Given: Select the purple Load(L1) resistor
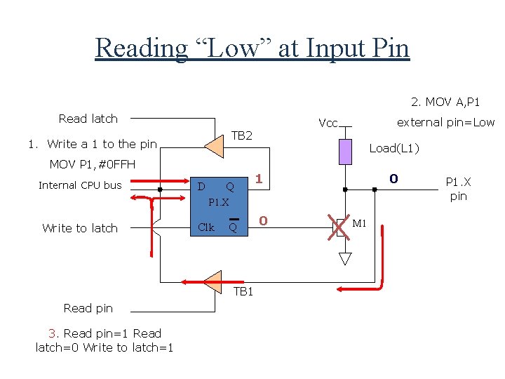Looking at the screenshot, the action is click(345, 152).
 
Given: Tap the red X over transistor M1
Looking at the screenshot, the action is click(339, 227).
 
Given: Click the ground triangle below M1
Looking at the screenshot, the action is click(345, 258).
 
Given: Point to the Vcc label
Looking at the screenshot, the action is click(328, 123).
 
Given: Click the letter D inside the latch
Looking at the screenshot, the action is click(201, 187).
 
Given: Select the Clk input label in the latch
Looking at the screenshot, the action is click(206, 227).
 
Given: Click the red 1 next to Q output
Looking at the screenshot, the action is click(259, 178).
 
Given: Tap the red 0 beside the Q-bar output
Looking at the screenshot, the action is click(263, 221).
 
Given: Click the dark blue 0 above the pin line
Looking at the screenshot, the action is click(393, 178).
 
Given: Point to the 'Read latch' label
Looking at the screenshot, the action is click(88, 119).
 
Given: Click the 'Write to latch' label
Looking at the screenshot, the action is click(80, 228).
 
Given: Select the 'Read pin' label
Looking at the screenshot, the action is click(88, 308).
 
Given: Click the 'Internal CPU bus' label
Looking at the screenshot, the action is click(80, 185).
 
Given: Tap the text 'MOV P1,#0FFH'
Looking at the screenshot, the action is click(93, 164).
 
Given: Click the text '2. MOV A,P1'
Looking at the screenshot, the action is click(445, 102).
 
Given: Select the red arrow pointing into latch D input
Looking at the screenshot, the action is click(160, 181).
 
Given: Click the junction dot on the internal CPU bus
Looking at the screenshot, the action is click(160, 189).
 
